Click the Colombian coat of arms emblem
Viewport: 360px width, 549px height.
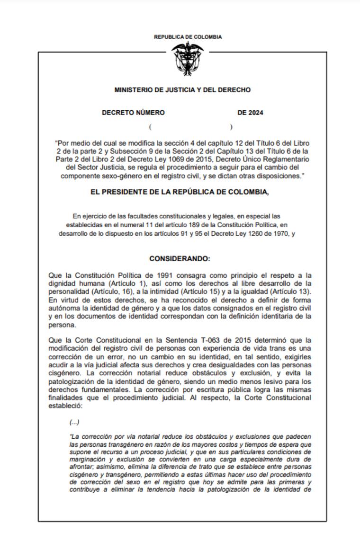point(188,58)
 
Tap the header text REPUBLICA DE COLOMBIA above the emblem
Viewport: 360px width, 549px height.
point(188,37)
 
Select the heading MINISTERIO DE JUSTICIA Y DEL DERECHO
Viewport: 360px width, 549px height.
point(182,90)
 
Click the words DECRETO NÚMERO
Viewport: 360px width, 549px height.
point(134,113)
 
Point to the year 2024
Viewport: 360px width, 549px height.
point(256,113)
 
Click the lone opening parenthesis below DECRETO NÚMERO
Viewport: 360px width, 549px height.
point(150,127)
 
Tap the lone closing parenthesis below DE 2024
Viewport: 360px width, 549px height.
point(231,127)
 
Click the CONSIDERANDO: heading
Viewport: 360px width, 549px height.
point(180,259)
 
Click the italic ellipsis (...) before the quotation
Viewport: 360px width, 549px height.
point(74,422)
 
